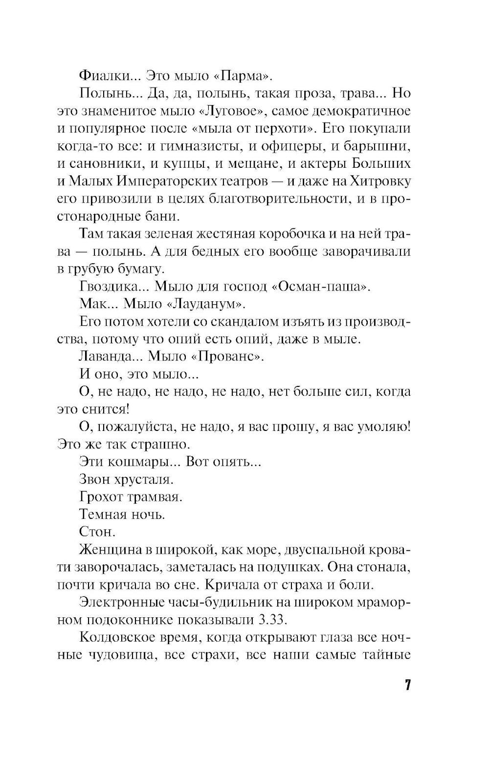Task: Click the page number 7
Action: (x=406, y=685)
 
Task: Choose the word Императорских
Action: (x=165, y=181)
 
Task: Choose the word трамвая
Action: (x=155, y=497)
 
